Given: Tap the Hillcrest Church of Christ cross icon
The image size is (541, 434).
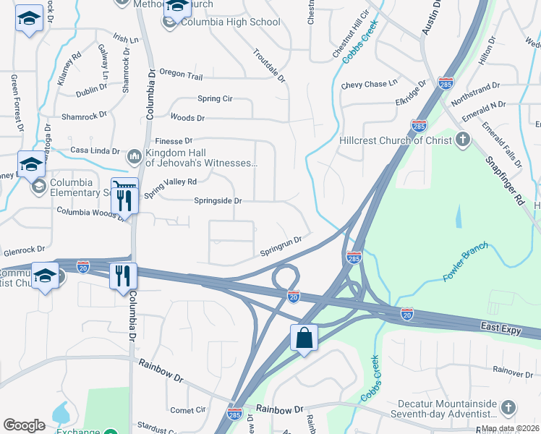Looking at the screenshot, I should (x=464, y=140).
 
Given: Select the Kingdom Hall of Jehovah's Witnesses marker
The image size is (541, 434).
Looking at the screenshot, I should (x=135, y=156).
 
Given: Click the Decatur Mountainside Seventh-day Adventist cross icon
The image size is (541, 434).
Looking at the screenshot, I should (x=508, y=409).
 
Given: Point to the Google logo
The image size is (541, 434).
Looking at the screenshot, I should (x=24, y=425).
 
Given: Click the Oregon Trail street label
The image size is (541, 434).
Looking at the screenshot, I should (x=181, y=75).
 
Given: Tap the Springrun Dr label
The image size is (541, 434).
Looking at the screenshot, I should (x=281, y=245).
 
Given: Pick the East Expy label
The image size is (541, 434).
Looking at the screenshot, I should (x=500, y=328).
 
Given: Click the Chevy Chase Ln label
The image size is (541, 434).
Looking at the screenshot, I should (x=370, y=85).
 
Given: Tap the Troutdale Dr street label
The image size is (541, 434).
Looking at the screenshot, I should (x=269, y=64).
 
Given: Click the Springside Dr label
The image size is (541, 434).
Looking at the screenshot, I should (x=218, y=200).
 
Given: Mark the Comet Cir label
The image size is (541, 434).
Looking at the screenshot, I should (x=188, y=409).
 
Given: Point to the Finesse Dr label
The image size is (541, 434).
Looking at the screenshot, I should (x=173, y=140).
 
